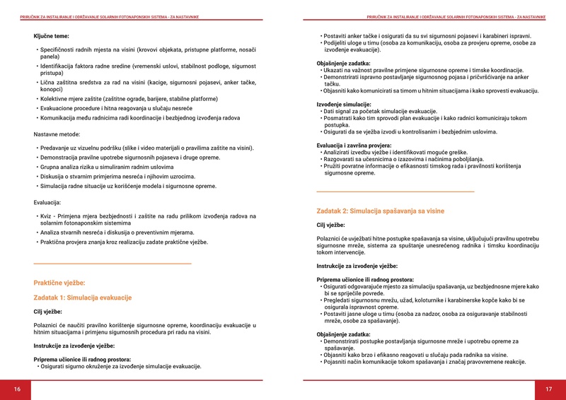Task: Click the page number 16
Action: tap(17, 389)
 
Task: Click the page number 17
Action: tap(548, 389)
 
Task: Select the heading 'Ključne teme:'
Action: tap(51, 35)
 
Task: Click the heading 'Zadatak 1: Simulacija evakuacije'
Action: tap(83, 298)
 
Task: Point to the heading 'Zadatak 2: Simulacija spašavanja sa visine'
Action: tap(381, 211)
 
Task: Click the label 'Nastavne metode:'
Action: tap(57, 134)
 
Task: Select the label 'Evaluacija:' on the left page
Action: tap(49, 202)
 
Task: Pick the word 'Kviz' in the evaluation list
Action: tap(47, 216)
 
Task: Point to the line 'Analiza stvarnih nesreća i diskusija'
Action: tap(117, 232)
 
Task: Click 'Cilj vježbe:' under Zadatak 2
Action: tap(330, 225)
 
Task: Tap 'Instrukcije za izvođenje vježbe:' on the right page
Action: tap(357, 266)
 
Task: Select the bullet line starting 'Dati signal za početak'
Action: tap(379, 112)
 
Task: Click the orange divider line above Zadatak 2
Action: tap(395, 192)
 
